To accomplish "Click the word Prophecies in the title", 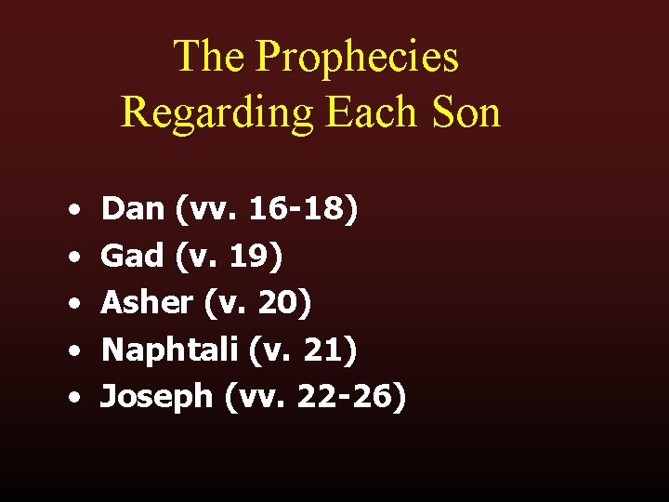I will coord(357,57).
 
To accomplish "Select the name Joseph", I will coord(158,397).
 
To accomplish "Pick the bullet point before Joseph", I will coord(72,399).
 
